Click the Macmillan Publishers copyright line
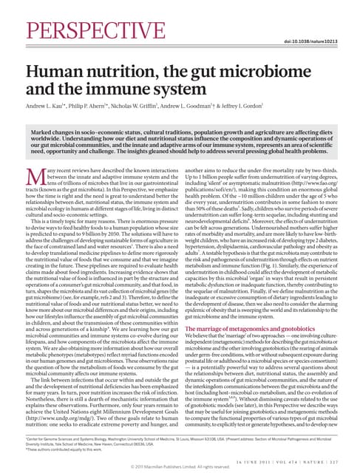[x=180, y=467]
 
